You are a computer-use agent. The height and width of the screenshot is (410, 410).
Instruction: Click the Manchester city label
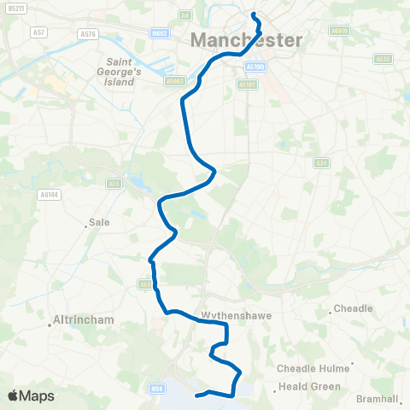247,40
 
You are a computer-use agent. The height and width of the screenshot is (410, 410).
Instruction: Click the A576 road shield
87,33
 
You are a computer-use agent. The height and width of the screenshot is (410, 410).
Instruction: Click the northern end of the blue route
254,14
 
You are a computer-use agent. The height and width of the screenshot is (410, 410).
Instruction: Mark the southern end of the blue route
198,395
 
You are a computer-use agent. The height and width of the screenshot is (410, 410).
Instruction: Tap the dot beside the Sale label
87,225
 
